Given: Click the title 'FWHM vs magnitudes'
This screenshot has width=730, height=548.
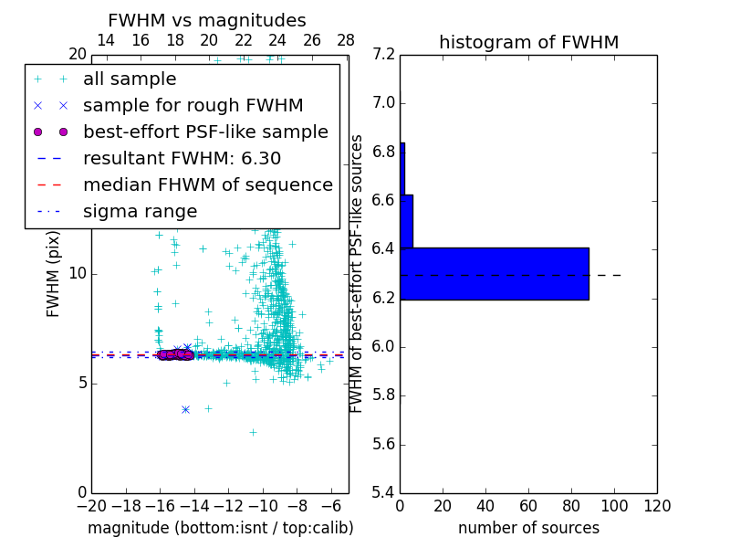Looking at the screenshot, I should (x=207, y=20).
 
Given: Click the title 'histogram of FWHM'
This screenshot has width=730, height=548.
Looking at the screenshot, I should (x=528, y=42).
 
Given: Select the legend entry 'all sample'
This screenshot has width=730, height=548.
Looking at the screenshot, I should (x=130, y=79).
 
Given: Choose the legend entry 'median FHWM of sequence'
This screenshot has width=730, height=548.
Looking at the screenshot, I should (x=207, y=185).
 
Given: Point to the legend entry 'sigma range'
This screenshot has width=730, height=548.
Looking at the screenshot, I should (x=140, y=212).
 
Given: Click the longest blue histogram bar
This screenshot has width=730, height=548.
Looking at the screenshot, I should (x=494, y=273).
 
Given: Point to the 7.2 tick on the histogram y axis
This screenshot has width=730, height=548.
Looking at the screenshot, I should (x=384, y=54).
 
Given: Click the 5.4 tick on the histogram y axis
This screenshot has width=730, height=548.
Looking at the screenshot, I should (x=384, y=492).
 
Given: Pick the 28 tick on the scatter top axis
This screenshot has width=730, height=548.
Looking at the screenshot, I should (x=346, y=40).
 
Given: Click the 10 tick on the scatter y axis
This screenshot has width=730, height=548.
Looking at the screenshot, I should (x=78, y=273).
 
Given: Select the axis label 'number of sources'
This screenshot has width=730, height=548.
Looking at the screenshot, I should (x=528, y=528).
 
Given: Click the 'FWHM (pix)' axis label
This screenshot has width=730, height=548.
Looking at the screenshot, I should (x=54, y=274).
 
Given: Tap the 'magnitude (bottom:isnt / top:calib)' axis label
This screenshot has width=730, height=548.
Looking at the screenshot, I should (x=220, y=528).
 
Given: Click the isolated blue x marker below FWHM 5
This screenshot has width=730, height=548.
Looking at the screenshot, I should (x=185, y=409).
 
